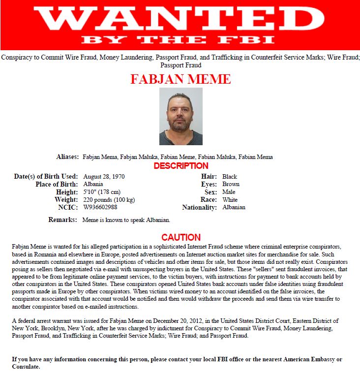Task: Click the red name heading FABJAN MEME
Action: (180, 79)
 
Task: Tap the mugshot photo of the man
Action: (180, 116)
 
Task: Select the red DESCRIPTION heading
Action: (181, 166)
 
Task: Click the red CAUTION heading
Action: (181, 237)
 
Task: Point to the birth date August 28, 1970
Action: (104, 176)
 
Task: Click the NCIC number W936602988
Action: (100, 207)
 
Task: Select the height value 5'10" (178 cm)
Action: (102, 191)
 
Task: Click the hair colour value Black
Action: (230, 176)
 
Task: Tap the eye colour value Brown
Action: (231, 184)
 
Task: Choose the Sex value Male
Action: (229, 192)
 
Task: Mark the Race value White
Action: (230, 200)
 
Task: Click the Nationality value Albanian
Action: (234, 207)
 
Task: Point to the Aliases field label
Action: (67, 157)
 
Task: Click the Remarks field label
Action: (62, 220)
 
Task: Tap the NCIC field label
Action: (69, 207)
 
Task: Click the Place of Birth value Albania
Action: (93, 184)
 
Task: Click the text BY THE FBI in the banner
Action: (180, 39)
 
